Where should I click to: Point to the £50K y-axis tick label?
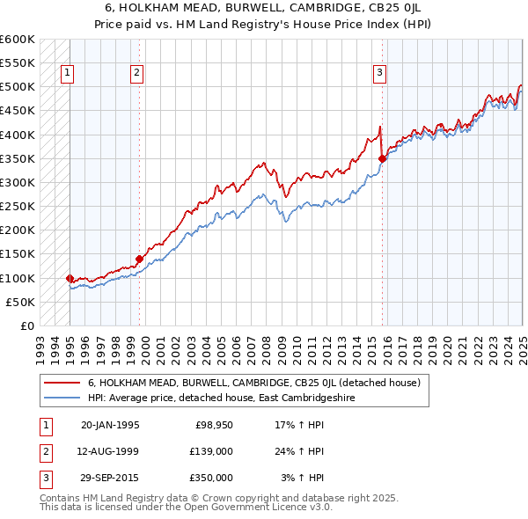[x=19, y=302]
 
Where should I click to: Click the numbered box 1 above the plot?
[x=68, y=74]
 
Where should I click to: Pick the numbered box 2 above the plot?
[x=137, y=74]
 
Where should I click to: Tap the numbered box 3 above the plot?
[x=379, y=74]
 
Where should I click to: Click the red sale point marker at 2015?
[x=383, y=158]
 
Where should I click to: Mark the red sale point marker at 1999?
[x=139, y=259]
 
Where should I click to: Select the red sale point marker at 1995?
[x=70, y=278]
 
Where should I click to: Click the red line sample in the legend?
[x=63, y=383]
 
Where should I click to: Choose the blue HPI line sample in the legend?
[x=63, y=398]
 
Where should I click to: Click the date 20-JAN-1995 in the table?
[x=110, y=425]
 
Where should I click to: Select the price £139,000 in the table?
[x=210, y=451]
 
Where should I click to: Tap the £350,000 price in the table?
[x=210, y=478]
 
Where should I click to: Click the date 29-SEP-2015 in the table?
[x=110, y=478]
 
